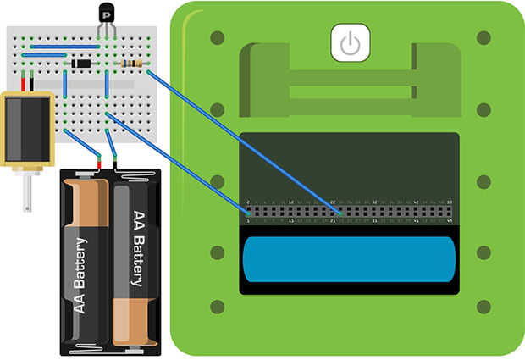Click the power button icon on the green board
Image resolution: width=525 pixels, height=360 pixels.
pyautogui.click(x=350, y=43)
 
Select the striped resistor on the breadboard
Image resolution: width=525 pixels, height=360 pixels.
pyautogui.click(x=132, y=64)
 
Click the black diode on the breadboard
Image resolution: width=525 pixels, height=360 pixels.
pyautogui.click(x=82, y=64)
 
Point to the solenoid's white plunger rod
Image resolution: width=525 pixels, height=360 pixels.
pyautogui.click(x=28, y=191)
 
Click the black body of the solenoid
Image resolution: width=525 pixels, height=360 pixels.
pyautogui.click(x=25, y=126)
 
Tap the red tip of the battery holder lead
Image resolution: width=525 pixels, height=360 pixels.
pyautogui.click(x=99, y=161)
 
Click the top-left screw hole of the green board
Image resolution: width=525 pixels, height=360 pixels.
pyautogui.click(x=217, y=38)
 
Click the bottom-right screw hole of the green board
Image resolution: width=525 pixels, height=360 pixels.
pyautogui.click(x=484, y=307)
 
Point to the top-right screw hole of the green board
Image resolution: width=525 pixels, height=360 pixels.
pyautogui.click(x=484, y=38)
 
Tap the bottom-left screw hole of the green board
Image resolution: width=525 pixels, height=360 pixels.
pyautogui.click(x=217, y=307)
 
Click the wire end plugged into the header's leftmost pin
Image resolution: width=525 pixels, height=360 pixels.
pyautogui.click(x=248, y=211)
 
